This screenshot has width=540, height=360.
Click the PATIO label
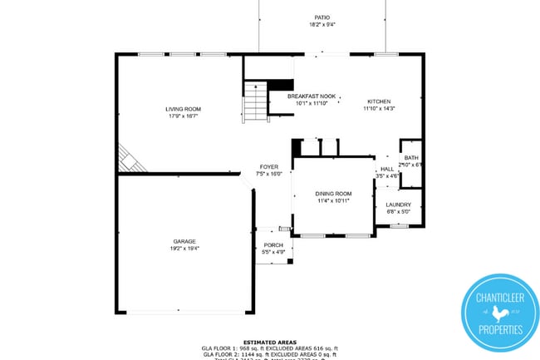coord(322,17)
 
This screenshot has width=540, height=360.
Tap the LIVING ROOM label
coord(184,109)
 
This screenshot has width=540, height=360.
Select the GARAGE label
coord(184,241)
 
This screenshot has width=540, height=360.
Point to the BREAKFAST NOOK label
coord(312,96)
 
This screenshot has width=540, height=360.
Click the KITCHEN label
coord(379,101)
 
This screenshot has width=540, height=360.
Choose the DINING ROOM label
coord(333,193)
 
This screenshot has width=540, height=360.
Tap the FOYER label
coord(268,167)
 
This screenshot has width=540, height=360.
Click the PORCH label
coord(273,245)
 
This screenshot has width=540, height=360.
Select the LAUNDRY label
coord(398,204)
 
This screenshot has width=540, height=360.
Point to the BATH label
coord(411,158)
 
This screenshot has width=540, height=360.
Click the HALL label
coord(387,169)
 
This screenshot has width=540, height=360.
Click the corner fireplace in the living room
coord(130,160)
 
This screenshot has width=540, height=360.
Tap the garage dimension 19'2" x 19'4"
coord(184,248)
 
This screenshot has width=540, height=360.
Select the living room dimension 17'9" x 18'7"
coord(184,116)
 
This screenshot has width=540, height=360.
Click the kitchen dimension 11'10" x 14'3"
coord(379,108)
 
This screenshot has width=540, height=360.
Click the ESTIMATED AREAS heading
coord(269,342)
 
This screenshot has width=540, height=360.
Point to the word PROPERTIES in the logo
coord(498,330)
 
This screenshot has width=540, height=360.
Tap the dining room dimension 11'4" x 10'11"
coord(333,200)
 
